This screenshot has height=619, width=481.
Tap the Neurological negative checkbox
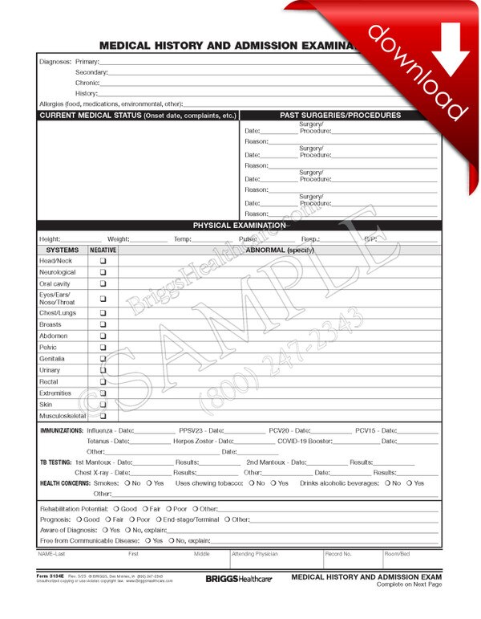(x=103, y=272)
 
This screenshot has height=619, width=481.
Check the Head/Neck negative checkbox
(x=103, y=261)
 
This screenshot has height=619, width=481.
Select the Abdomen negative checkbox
(x=103, y=336)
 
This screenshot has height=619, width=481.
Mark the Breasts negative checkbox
(x=103, y=324)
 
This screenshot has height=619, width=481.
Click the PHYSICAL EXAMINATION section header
(x=239, y=226)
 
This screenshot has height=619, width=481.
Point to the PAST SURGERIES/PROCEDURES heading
(x=340, y=116)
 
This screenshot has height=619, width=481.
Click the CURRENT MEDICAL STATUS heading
(x=138, y=116)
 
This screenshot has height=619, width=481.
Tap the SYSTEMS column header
(x=63, y=250)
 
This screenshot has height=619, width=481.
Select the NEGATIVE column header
(x=103, y=250)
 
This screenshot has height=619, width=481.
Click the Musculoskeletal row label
(x=63, y=417)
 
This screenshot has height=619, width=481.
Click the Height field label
(x=50, y=239)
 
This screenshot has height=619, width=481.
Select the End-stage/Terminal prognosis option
(x=191, y=519)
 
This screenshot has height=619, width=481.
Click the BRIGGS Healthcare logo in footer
(x=238, y=578)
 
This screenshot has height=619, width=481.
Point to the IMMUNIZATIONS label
(x=61, y=431)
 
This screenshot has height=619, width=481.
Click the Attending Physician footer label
(x=254, y=554)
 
